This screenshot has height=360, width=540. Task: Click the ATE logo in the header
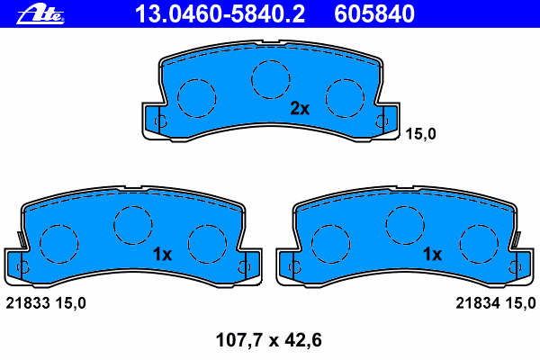point(40,14)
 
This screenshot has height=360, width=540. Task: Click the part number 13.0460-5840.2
point(220,14)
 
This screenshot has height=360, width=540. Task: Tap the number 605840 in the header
point(374,14)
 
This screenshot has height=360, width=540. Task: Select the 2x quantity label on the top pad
point(300,109)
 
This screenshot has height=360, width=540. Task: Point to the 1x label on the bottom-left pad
point(162,254)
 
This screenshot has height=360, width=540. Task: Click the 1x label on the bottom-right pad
point(432,254)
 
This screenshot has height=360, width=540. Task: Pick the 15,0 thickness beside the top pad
point(420,134)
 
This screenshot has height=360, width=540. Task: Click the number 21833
point(28,303)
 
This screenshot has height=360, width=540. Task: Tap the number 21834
point(478,303)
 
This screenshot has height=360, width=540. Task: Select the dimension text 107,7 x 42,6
point(268,340)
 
